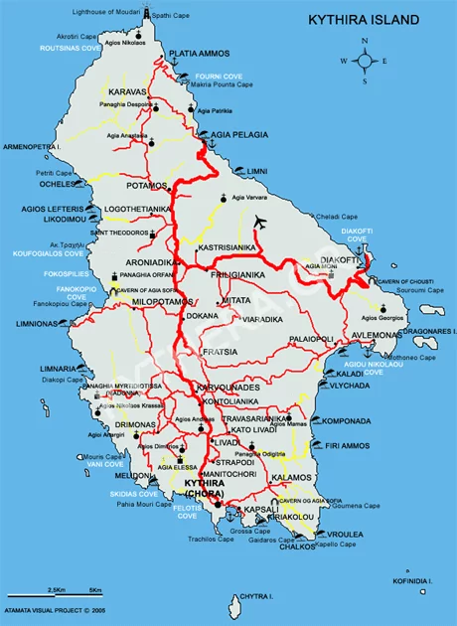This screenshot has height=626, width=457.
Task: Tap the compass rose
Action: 365,61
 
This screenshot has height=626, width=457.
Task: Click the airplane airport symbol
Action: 260,221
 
